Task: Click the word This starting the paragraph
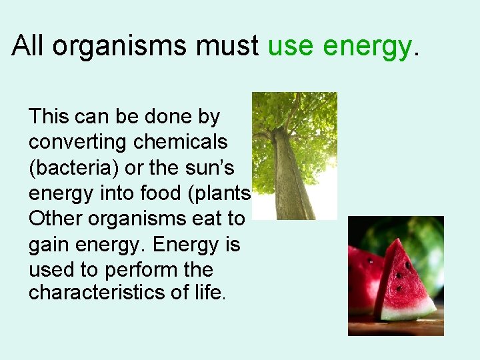point(49,117)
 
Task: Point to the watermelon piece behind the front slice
point(363,273)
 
